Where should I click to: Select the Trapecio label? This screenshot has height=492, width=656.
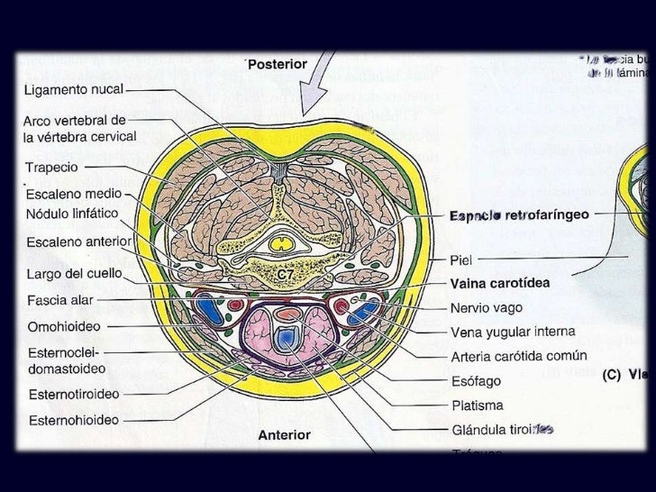coord(50,168)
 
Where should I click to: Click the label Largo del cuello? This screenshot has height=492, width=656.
coord(74,272)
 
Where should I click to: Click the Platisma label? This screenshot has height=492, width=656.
coord(478,405)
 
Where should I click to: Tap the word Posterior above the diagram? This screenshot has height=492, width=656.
coord(278,65)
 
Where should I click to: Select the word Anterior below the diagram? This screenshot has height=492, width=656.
coord(284,434)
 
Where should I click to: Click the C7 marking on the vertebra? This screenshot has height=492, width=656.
coord(285,272)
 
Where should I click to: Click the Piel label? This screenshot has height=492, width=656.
coord(461,260)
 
